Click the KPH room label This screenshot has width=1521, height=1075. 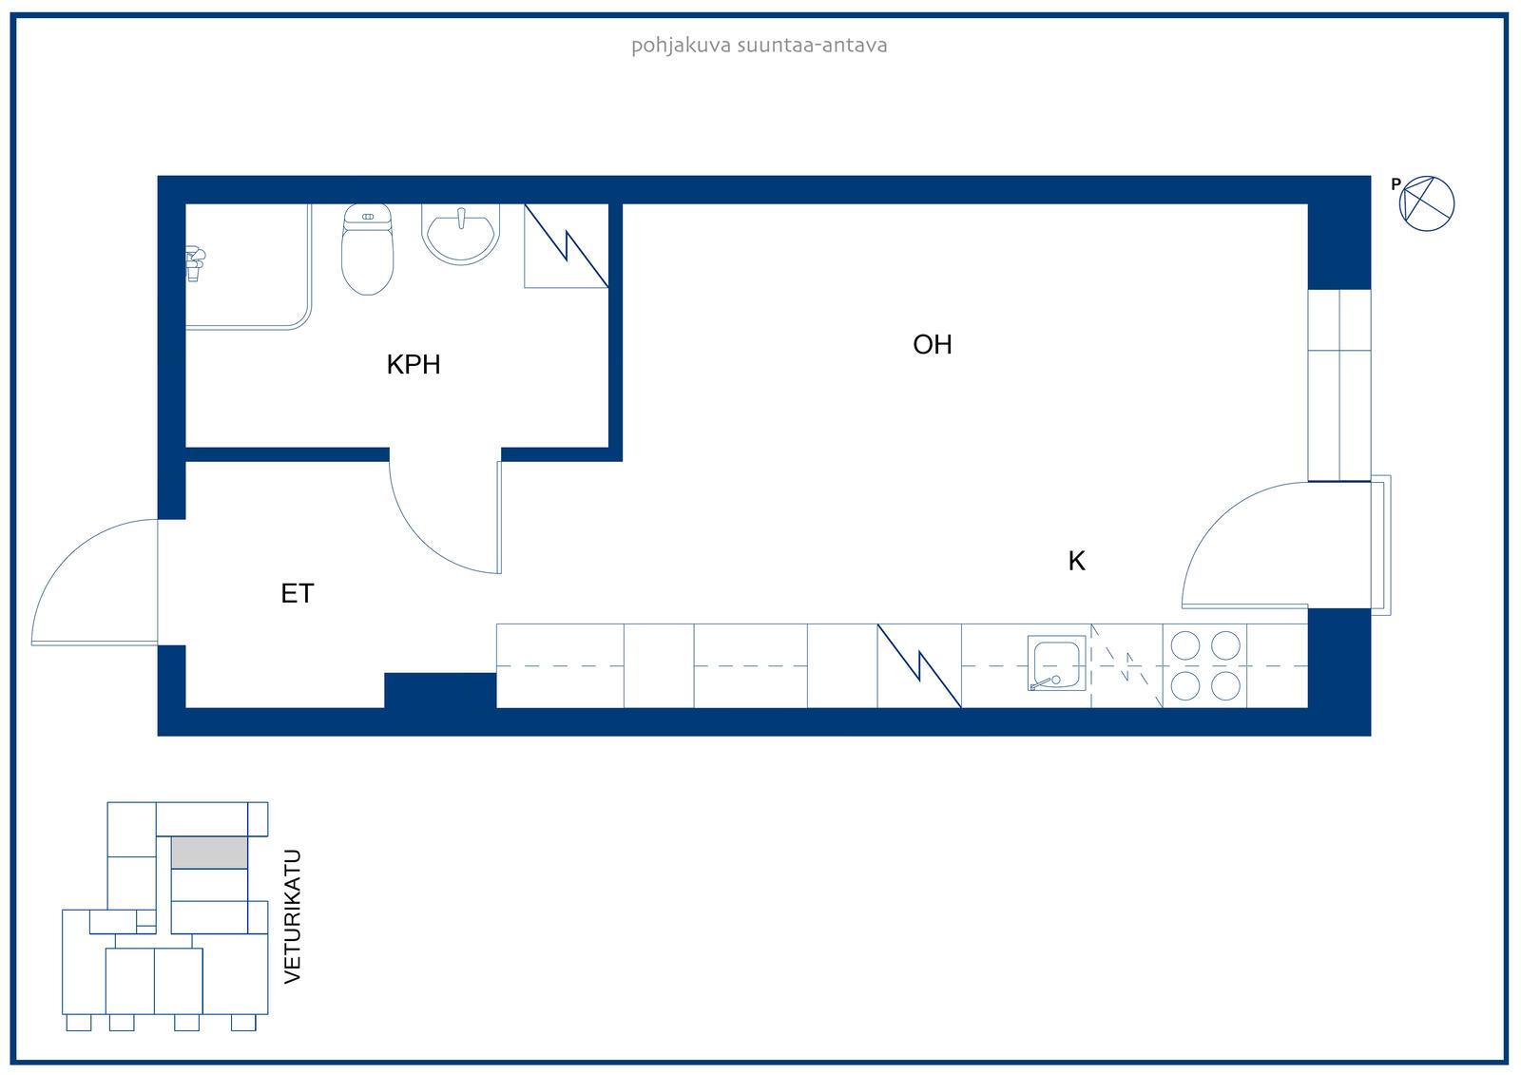[414, 365]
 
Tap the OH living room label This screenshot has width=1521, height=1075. [933, 345]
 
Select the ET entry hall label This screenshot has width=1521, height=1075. [298, 593]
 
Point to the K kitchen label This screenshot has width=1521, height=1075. [1077, 561]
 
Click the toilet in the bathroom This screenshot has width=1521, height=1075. [367, 249]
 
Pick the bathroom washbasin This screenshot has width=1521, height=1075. [461, 234]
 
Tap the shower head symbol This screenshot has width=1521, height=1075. [195, 263]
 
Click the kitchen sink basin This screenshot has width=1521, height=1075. [1056, 663]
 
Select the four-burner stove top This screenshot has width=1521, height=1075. [1205, 666]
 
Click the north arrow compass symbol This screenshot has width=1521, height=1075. [1427, 203]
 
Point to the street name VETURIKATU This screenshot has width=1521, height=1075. [292, 916]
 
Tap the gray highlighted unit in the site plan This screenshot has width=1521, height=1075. [209, 853]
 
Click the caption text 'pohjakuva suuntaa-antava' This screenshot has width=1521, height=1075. [760, 46]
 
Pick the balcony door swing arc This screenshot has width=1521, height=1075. [1216, 516]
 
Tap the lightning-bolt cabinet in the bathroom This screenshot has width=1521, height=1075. [567, 246]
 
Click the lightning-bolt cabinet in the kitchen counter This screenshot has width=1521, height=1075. [919, 666]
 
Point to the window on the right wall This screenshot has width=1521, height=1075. [1339, 386]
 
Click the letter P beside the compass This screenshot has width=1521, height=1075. [1396, 184]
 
